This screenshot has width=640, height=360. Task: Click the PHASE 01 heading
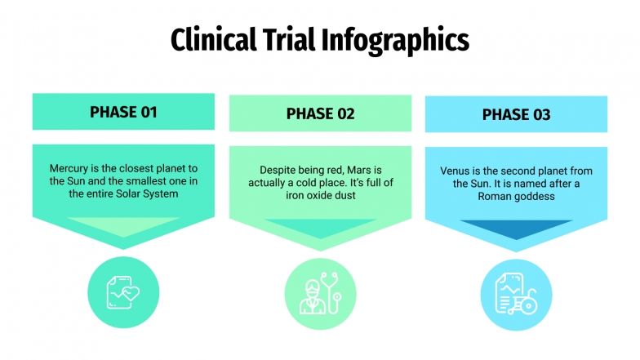coord(123,112)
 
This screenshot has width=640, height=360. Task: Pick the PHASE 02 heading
coord(320,113)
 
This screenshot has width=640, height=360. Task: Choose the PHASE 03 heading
coord(516,115)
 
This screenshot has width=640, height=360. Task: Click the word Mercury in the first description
coord(69,169)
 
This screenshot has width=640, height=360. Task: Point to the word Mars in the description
coord(355,171)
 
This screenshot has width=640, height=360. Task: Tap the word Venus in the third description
coord(456,171)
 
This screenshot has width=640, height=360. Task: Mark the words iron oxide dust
coord(321,196)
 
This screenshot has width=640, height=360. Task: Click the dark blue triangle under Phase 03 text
coord(516,229)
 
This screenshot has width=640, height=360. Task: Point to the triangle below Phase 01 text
coord(123,224)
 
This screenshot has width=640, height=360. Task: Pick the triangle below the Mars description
coord(320,226)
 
